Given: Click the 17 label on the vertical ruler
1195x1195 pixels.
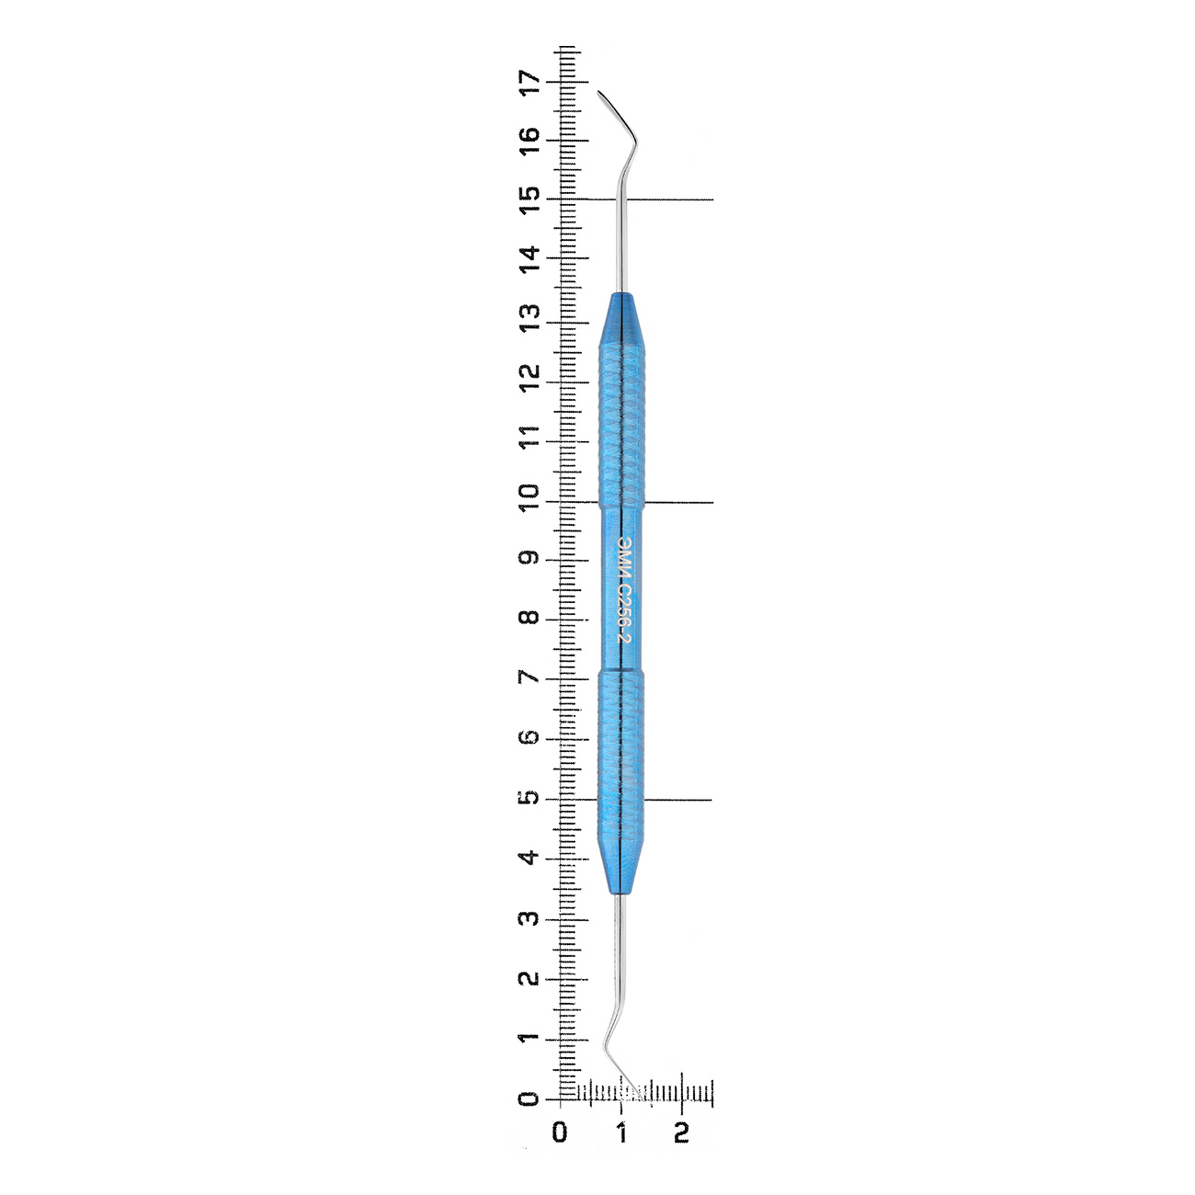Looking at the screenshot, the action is coord(531,82).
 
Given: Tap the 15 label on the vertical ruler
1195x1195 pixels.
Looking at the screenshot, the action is coord(531,199).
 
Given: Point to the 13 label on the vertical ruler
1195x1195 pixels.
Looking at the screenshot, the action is coord(531,318).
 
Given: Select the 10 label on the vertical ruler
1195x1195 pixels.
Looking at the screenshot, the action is coord(531,497).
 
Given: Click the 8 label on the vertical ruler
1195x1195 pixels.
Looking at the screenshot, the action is coord(531,619).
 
